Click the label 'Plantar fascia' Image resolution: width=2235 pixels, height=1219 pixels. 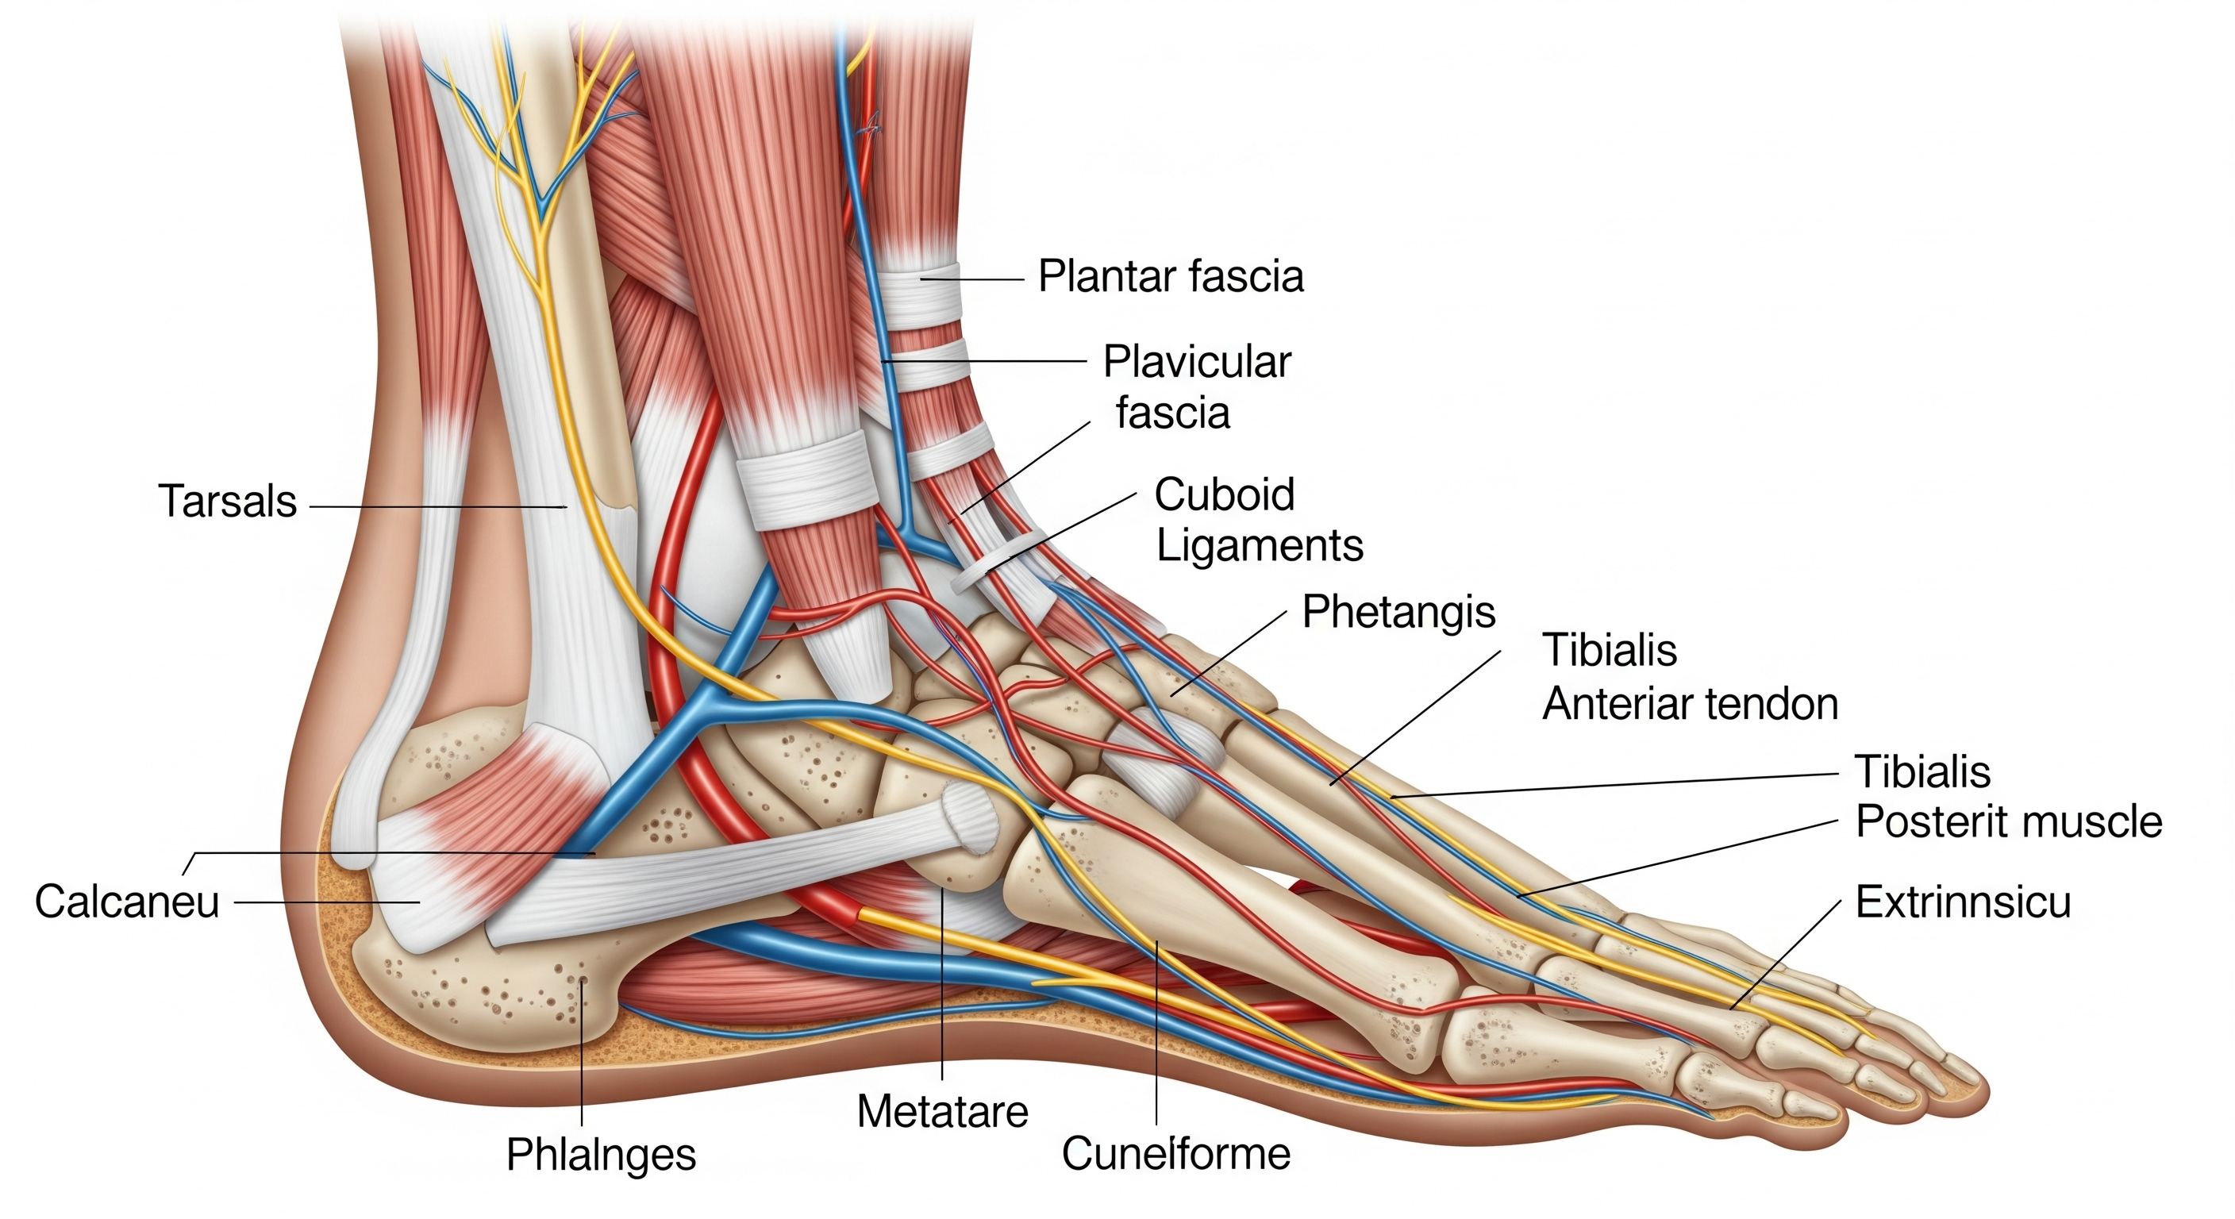coord(1171,277)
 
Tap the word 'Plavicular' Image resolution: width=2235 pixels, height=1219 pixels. coord(1196,362)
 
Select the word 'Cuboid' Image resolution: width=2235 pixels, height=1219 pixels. coord(1223,494)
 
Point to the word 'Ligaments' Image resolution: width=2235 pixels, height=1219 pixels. coord(1259,546)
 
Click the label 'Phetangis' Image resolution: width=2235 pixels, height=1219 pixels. coord(1398,612)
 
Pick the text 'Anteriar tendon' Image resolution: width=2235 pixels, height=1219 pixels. coord(1689,704)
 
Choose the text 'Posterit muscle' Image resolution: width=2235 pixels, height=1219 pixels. coord(2008,821)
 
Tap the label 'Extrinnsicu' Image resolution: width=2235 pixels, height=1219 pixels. coord(1963,902)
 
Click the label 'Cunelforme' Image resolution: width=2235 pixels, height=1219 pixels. coord(1175,1154)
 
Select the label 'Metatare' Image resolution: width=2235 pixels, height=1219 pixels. coord(942,1111)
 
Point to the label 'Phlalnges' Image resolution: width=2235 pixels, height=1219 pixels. coord(600,1155)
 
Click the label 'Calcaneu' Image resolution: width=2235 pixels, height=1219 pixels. coord(127,902)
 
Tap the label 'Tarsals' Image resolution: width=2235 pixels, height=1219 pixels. coord(227,502)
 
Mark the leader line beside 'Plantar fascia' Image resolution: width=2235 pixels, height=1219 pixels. coord(971,279)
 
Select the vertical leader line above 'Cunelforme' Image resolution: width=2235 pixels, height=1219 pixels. coord(1156,1032)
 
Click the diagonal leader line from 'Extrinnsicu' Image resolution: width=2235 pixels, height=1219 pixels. coord(1787,955)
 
